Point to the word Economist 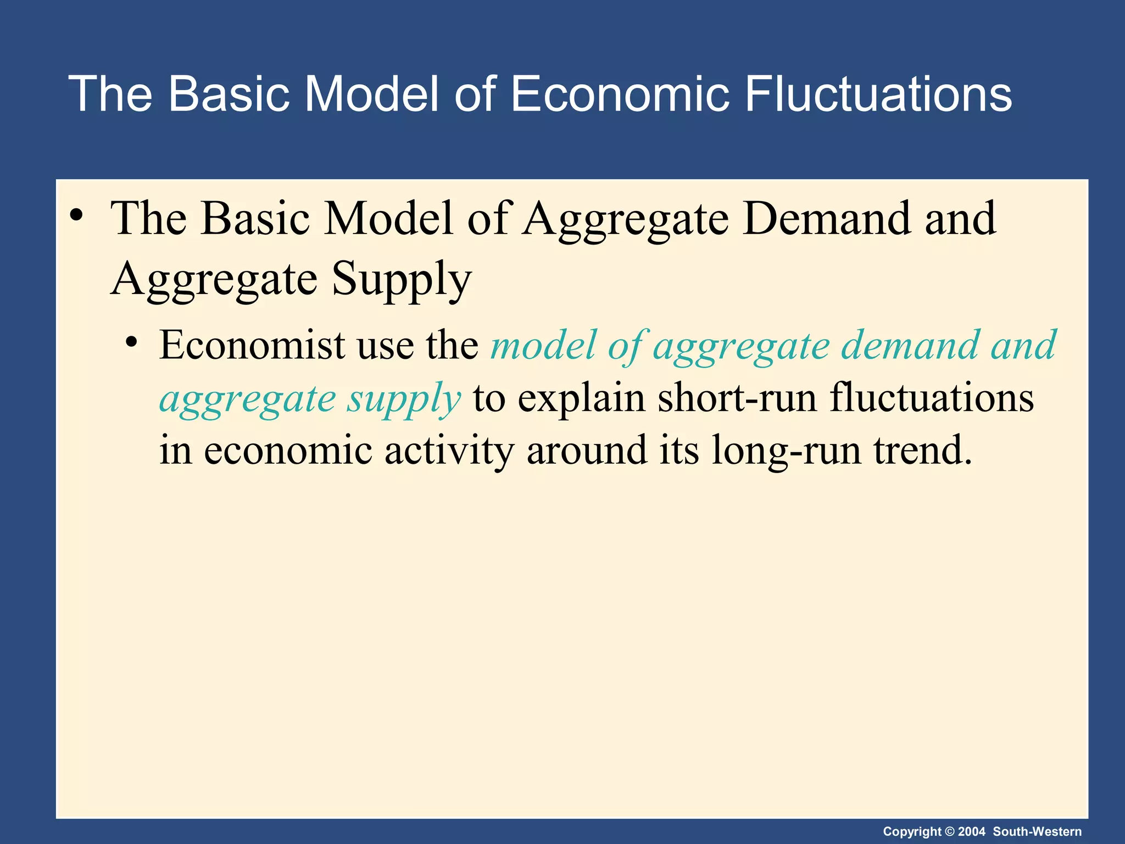pos(253,345)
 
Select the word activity pos(449,451)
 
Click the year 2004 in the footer pos(972,832)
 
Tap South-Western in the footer pos(1037,832)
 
